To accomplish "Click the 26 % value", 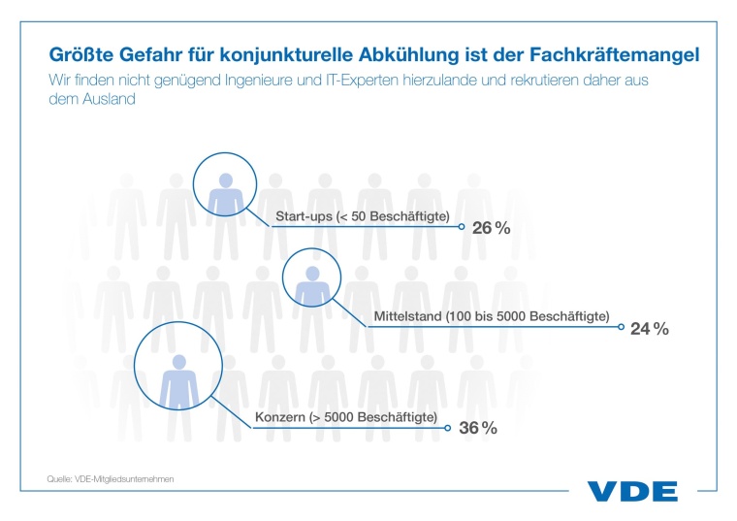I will tap(490, 229).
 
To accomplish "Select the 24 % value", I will tap(649, 329).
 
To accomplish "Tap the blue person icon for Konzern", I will tap(178, 376).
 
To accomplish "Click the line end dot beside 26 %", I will tap(461, 229).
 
